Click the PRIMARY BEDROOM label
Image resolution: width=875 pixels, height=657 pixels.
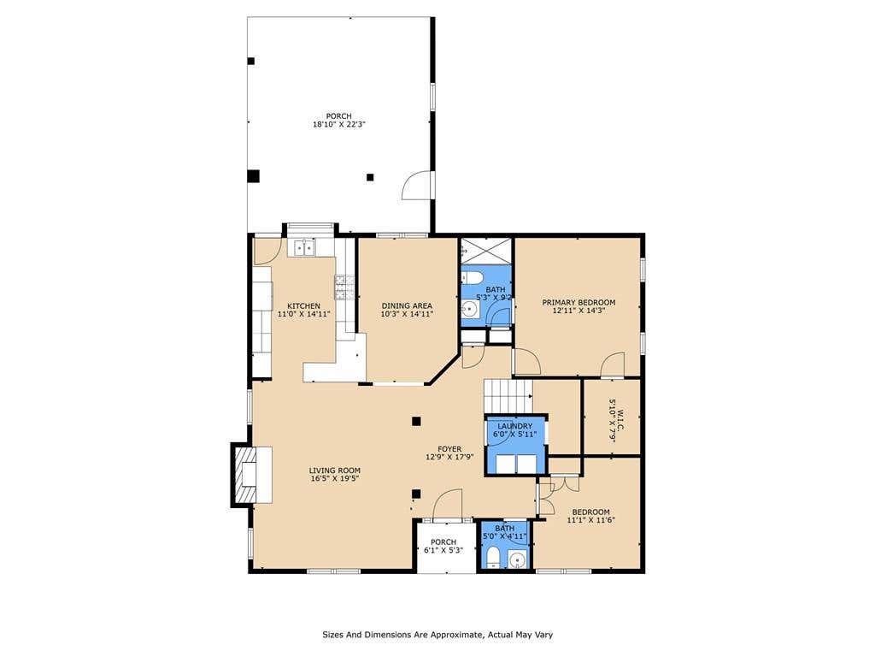[578, 302]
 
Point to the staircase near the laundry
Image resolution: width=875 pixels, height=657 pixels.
[508, 396]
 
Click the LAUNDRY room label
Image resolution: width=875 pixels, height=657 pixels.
[514, 426]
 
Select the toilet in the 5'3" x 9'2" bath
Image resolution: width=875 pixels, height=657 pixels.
[471, 278]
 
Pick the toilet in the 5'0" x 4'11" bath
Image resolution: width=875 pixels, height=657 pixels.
[492, 559]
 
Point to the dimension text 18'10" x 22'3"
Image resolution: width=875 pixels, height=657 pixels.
[338, 125]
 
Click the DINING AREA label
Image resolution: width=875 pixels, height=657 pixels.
[407, 305]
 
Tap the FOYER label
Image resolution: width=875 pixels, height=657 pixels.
[449, 449]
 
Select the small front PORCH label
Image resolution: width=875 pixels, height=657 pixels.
[443, 542]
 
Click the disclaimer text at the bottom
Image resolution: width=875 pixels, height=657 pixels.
[437, 635]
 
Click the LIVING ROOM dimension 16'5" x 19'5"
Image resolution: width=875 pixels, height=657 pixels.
[335, 478]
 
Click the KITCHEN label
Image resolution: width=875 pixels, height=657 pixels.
[303, 306]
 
